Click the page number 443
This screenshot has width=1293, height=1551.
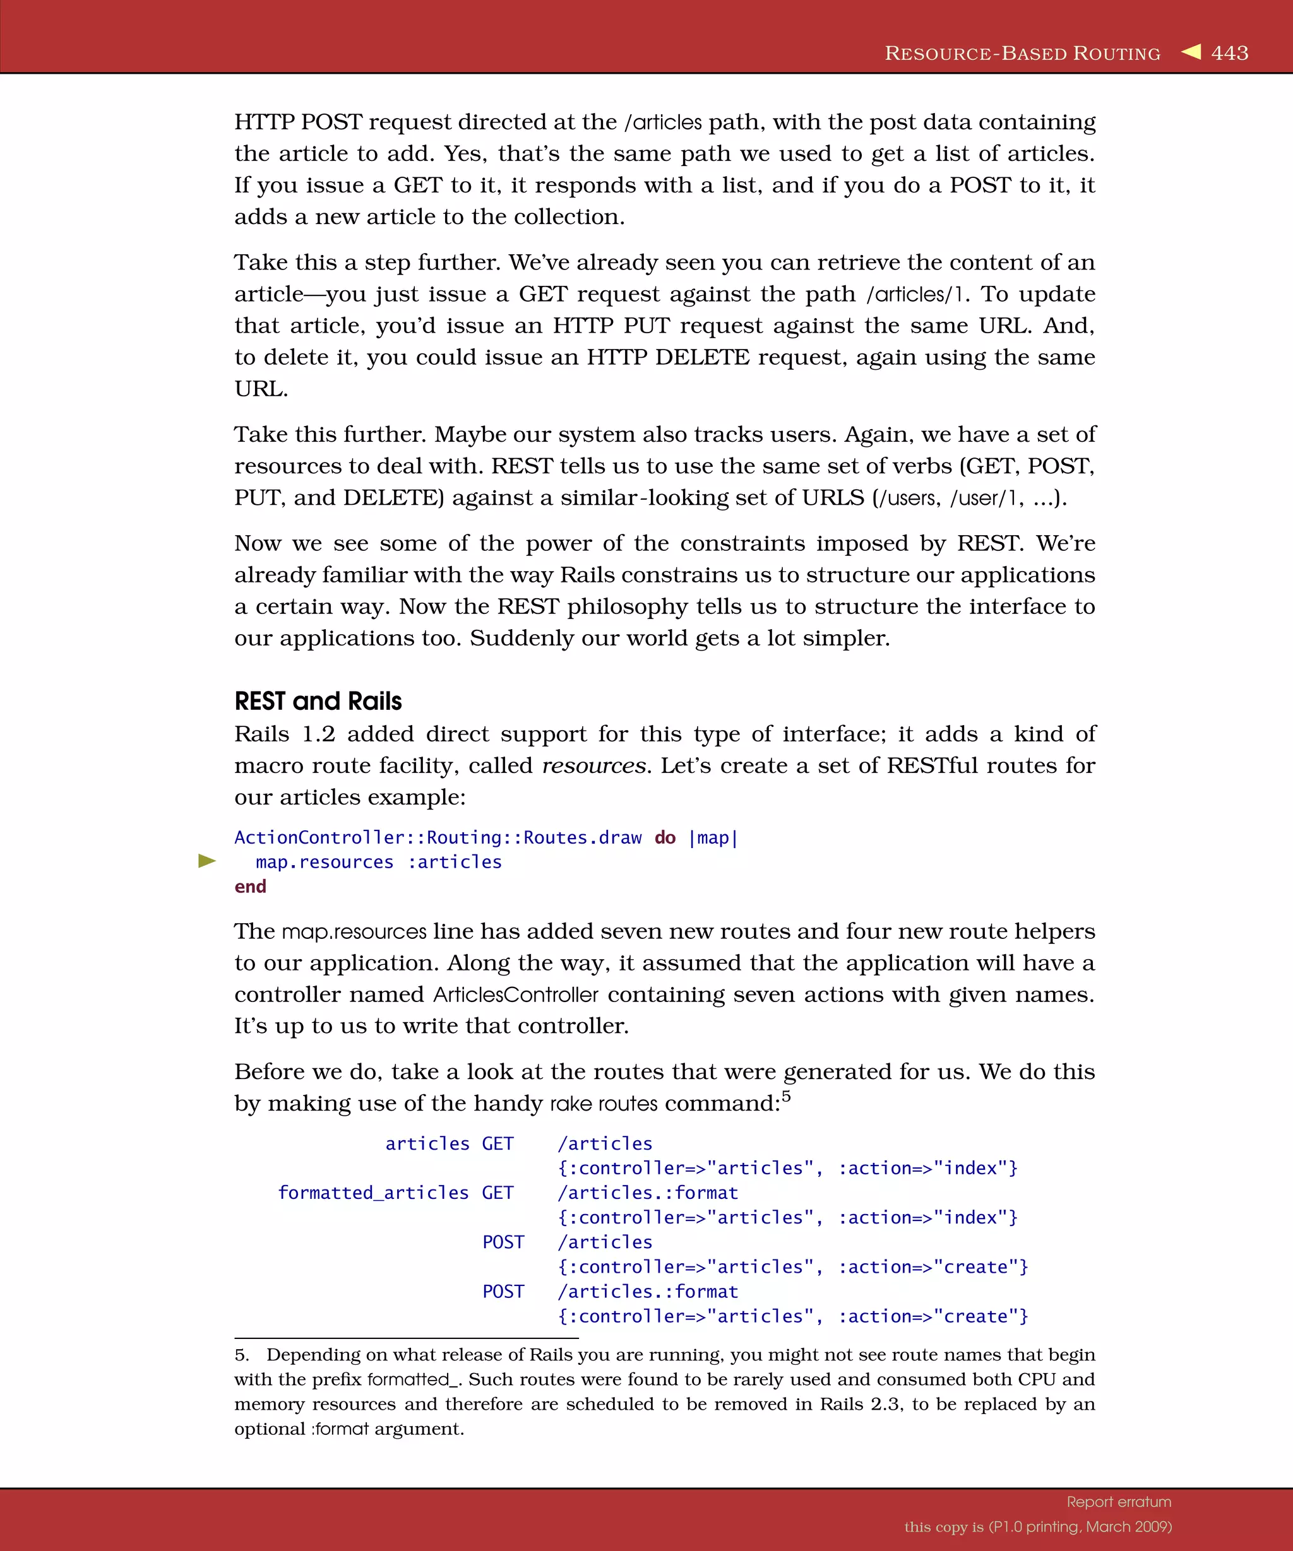[x=1229, y=53]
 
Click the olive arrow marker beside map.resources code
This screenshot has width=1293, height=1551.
[x=207, y=861]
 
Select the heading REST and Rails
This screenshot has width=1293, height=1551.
[x=318, y=701]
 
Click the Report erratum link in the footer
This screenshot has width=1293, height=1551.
[x=1119, y=1502]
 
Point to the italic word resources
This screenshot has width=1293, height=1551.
[x=593, y=766]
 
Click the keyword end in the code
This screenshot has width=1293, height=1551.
[x=250, y=887]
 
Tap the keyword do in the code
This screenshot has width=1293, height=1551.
[x=665, y=837]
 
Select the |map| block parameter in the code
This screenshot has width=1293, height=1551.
[x=713, y=837]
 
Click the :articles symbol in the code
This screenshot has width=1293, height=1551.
[x=455, y=862]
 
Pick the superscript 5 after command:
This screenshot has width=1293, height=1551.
[x=786, y=1096]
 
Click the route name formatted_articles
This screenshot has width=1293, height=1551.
[x=373, y=1193]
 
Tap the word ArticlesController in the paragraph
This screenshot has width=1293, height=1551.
[x=516, y=995]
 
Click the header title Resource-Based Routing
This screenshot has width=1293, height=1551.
[x=1023, y=53]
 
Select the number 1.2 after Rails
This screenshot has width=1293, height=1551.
[x=318, y=734]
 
